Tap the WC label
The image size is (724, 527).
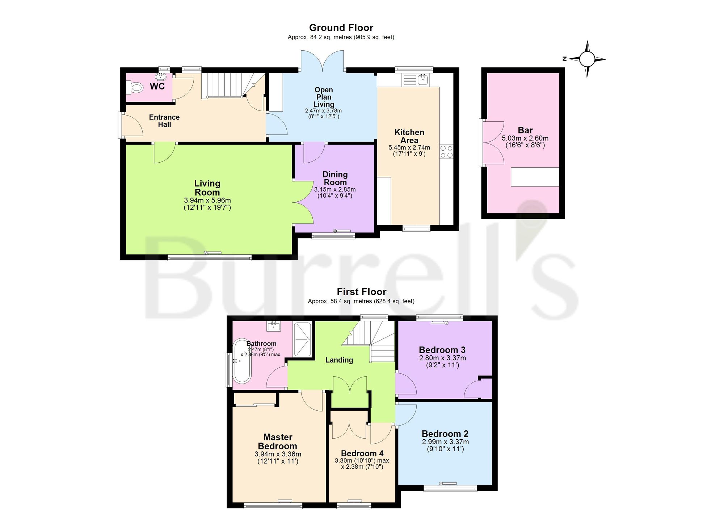click(157, 86)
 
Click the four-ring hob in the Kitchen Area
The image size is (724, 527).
click(447, 152)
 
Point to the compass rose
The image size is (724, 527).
click(587, 59)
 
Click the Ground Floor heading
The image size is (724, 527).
click(341, 28)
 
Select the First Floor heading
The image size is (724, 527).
click(362, 292)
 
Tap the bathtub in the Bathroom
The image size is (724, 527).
click(242, 361)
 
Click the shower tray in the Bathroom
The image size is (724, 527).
click(302, 339)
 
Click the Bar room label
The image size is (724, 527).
click(525, 130)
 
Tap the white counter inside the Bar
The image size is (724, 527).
click(535, 177)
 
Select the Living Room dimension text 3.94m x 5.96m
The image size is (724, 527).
click(207, 200)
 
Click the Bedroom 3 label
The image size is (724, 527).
click(442, 350)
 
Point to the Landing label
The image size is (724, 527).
click(339, 360)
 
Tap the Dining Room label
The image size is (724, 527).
click(335, 179)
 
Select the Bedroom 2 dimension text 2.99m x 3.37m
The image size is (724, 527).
click(445, 442)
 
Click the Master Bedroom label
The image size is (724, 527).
click(278, 442)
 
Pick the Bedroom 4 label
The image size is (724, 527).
click(362, 453)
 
